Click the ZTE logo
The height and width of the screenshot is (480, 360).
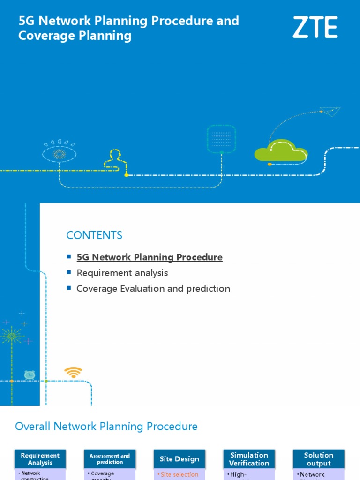315,27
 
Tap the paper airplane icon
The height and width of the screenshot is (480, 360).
330,112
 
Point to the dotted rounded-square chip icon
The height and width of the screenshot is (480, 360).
221,138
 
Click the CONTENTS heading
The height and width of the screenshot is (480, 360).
94,235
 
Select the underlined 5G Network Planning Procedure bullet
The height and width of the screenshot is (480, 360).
150,257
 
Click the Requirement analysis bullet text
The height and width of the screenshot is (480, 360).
122,273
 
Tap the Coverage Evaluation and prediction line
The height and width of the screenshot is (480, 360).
153,289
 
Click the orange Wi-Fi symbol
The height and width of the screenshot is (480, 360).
73,373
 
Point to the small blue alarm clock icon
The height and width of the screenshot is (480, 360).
30,375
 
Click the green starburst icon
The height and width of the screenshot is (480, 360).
11,336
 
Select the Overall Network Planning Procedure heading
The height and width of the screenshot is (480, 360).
106,427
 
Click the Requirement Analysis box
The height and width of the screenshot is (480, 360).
40,459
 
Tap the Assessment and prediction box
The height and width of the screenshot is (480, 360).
110,459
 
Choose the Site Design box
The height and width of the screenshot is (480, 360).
179,459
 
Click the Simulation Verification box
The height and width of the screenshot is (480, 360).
249,459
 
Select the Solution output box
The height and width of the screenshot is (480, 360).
318,459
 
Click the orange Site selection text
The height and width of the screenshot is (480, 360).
180,474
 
